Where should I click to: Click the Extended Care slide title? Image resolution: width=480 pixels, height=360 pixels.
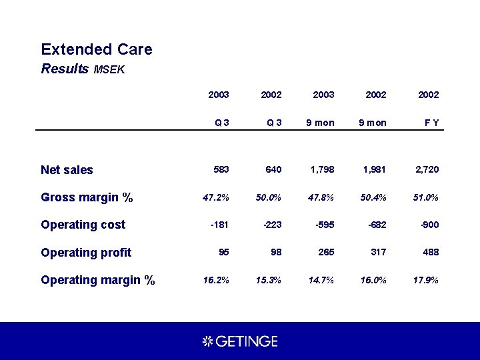(x=96, y=49)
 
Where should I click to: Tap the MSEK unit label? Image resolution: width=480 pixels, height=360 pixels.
(x=109, y=69)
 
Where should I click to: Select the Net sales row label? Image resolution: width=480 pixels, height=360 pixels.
(x=67, y=170)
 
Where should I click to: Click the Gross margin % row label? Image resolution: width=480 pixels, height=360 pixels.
(x=87, y=197)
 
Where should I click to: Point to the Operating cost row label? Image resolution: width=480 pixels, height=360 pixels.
(x=83, y=225)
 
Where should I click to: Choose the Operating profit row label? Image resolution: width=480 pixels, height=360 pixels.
(x=86, y=253)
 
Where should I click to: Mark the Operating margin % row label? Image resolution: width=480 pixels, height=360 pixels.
(x=97, y=280)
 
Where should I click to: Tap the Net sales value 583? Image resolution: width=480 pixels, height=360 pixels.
(x=221, y=170)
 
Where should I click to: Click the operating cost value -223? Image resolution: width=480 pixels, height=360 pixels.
(x=272, y=225)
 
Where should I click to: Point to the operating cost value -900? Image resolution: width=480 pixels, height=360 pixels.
(x=429, y=225)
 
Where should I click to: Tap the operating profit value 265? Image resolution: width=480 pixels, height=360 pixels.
(x=327, y=253)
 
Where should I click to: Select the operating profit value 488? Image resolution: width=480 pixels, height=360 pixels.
(x=431, y=253)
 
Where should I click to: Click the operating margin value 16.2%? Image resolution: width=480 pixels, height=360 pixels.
(x=217, y=280)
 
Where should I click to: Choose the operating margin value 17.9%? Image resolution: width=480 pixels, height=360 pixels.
(x=426, y=280)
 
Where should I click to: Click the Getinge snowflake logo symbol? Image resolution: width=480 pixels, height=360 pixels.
(x=207, y=341)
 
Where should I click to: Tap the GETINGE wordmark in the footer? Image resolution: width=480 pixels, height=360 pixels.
(x=246, y=341)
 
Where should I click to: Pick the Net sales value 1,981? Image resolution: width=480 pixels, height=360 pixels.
(x=374, y=170)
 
